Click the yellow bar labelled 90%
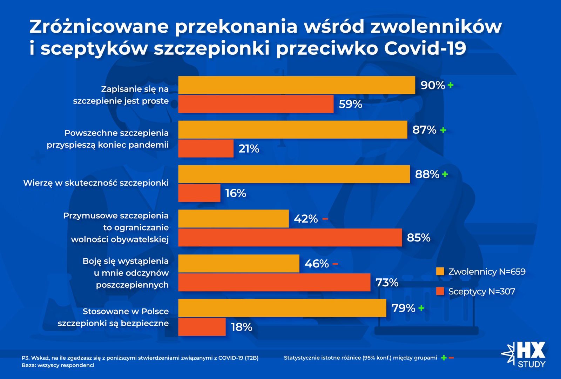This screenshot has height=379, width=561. (297, 85)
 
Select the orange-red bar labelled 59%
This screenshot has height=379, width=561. (256, 104)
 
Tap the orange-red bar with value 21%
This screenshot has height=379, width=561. (206, 148)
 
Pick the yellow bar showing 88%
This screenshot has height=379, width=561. (294, 174)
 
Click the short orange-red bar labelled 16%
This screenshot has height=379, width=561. (199, 193)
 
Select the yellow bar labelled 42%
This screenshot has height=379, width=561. (234, 219)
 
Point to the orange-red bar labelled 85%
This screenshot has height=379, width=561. (290, 238)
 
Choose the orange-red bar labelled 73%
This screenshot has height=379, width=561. (274, 282)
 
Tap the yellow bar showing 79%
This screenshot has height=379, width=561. (282, 308)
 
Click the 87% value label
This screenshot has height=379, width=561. (424, 130)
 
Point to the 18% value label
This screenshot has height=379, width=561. (242, 327)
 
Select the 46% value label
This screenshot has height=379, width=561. (317, 264)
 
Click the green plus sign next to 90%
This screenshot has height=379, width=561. (451, 85)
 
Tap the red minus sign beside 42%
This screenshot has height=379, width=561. (325, 219)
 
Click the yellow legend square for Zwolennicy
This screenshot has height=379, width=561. (440, 271)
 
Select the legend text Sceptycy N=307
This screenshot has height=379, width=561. (481, 291)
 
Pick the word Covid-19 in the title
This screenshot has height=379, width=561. (425, 48)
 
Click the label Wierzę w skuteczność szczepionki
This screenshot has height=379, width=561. (96, 183)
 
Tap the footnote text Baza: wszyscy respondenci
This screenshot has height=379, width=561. (58, 365)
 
